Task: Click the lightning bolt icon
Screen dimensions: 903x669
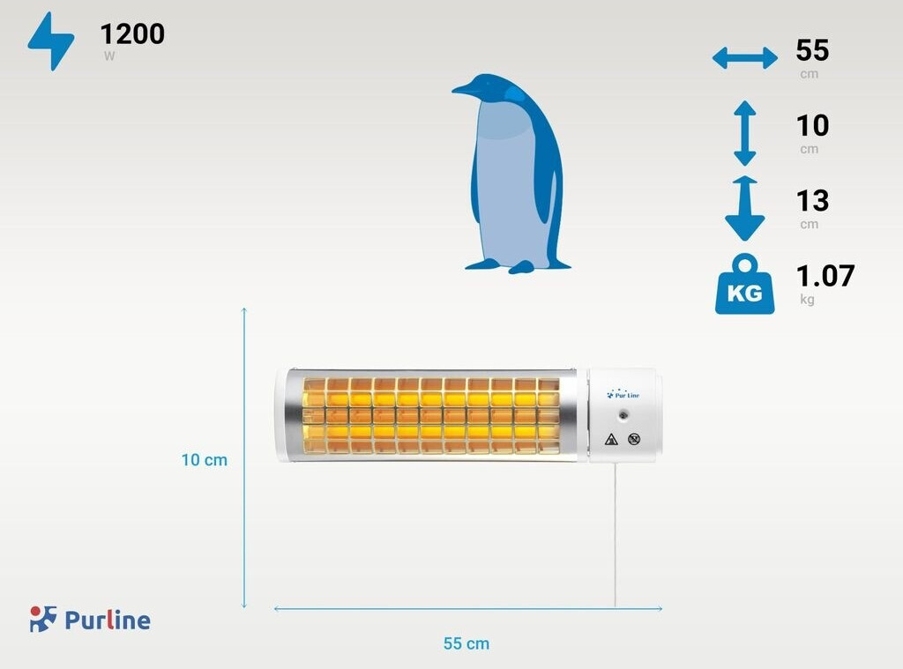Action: pos(51,41)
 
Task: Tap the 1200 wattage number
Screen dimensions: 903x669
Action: pos(132,34)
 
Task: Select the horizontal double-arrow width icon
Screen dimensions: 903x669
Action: pos(744,59)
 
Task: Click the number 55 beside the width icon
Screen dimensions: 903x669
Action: pos(812,49)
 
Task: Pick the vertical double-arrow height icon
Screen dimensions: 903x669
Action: pos(744,133)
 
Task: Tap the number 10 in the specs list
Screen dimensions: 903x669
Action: pos(812,125)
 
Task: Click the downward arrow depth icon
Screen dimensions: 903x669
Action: pos(744,208)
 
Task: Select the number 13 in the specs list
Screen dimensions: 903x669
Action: pos(812,201)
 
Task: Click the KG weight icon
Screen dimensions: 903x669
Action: pos(744,286)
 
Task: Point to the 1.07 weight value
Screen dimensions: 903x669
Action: pos(825,276)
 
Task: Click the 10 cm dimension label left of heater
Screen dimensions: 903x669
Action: pos(205,460)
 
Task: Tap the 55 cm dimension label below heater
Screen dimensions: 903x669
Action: pos(466,643)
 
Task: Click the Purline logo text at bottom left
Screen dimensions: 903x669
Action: pos(107,621)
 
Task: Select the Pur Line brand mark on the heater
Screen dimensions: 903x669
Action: pos(623,394)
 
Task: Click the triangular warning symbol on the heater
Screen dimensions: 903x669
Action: pos(610,439)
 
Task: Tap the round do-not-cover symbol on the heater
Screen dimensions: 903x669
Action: pos(633,439)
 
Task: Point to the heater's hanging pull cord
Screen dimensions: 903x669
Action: pos(615,538)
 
